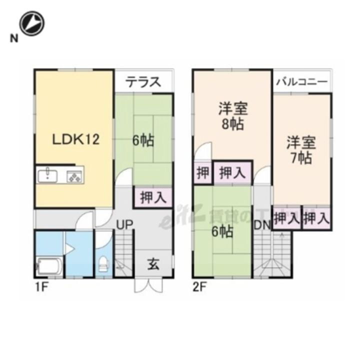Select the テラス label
click(x=143, y=81)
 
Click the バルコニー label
click(x=302, y=81)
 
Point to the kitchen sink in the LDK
click(x=48, y=175)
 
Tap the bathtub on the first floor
click(x=49, y=266)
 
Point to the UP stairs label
click(x=124, y=225)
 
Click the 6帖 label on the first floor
click(x=143, y=140)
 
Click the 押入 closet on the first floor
click(x=153, y=197)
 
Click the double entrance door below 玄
click(x=149, y=286)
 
